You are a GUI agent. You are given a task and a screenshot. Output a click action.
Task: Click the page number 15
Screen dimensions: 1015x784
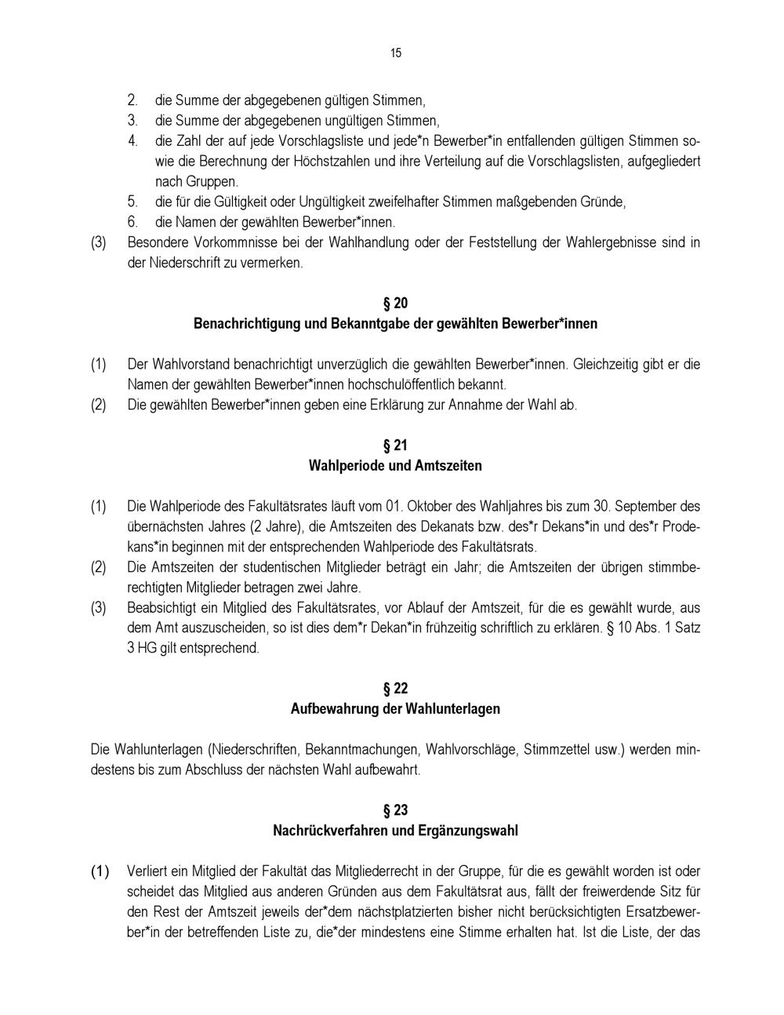click(x=395, y=53)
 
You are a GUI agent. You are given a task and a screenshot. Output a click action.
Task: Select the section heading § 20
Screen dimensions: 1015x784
click(x=395, y=304)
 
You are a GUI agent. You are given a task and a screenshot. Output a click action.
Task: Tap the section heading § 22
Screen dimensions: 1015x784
click(x=395, y=689)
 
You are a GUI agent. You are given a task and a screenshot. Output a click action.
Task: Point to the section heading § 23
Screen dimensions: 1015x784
click(x=395, y=810)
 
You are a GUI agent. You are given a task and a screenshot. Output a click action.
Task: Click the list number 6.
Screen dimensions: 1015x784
click(x=133, y=222)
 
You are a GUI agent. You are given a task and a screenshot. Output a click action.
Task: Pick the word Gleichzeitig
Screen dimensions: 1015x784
click(x=608, y=365)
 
